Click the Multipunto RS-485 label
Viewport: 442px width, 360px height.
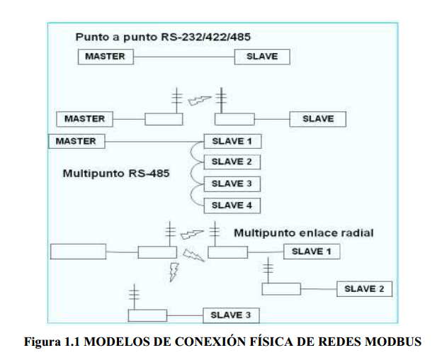[x=115, y=173]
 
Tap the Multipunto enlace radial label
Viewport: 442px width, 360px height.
[x=303, y=232]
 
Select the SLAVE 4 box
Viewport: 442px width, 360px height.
[x=232, y=206]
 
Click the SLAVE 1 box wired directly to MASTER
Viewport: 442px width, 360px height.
[x=232, y=141]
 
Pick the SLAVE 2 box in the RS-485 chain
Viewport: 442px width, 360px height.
[x=232, y=162]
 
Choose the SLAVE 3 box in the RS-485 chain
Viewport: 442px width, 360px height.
[x=232, y=184]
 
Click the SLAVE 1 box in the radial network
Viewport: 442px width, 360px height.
[x=312, y=252]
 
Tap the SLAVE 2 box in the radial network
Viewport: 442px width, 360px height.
[x=364, y=289]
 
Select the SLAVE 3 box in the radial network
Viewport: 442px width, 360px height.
[x=231, y=315]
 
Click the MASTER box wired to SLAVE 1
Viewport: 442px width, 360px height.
[x=76, y=141]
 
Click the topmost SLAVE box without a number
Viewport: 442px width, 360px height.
[x=262, y=57]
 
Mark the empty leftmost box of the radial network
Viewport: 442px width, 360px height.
[x=78, y=252]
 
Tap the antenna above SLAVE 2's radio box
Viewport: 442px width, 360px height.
[x=268, y=271]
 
